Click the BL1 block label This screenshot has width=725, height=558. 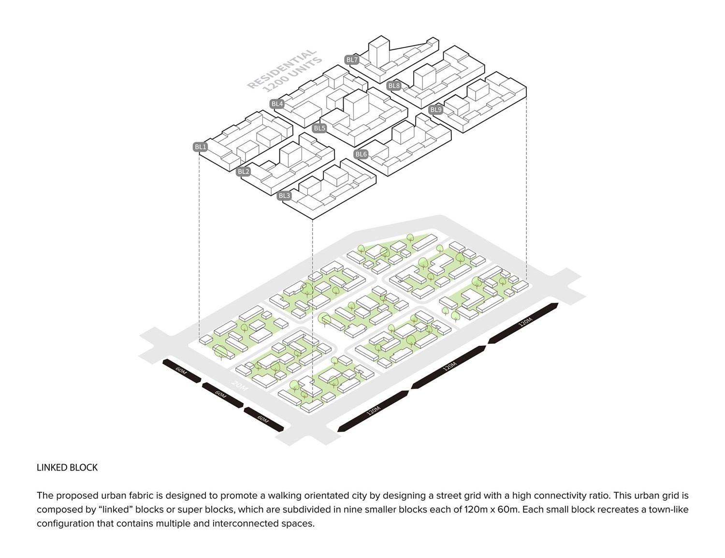click(x=200, y=147)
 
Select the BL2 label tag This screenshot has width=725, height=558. click(x=244, y=172)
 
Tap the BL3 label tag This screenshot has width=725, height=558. click(x=284, y=196)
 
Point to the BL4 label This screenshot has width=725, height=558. click(x=277, y=104)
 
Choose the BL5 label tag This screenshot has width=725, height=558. click(x=319, y=128)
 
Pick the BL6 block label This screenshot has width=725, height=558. click(x=361, y=154)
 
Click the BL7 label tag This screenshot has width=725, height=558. click(x=352, y=60)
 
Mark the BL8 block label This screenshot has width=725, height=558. click(x=394, y=86)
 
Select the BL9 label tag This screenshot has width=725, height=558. click(x=435, y=110)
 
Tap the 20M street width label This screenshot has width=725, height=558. click(x=239, y=386)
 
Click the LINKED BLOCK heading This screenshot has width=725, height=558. click(x=67, y=468)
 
